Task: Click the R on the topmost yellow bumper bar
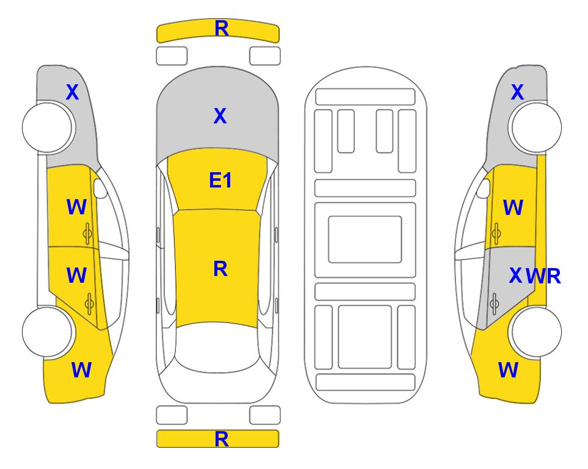coord(222,29)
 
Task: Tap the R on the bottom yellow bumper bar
coord(222,439)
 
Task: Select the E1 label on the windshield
coord(220,180)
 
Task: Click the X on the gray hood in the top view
coord(220,116)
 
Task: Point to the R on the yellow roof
coord(220,269)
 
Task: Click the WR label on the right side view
coord(543,277)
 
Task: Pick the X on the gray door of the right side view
coord(515,276)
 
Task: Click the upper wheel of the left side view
coord(47,128)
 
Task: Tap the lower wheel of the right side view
coord(537,332)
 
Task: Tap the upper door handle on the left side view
coord(87,234)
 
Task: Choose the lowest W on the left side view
coord(81,370)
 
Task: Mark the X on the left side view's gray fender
coord(73,92)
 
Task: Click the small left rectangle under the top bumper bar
coord(172,56)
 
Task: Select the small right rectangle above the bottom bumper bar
coord(265,415)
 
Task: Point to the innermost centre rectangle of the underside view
coord(365,239)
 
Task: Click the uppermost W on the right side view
coord(513,208)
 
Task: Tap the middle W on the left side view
coord(76,275)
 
